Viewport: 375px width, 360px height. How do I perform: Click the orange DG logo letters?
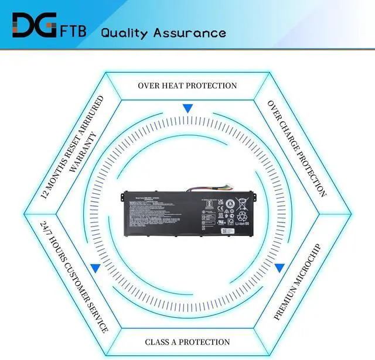click(x=34, y=26)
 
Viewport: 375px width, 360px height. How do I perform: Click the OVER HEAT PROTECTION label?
click(x=187, y=85)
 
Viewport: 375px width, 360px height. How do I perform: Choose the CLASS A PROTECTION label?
click(x=187, y=341)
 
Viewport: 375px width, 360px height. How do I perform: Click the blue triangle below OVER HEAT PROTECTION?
click(x=187, y=109)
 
